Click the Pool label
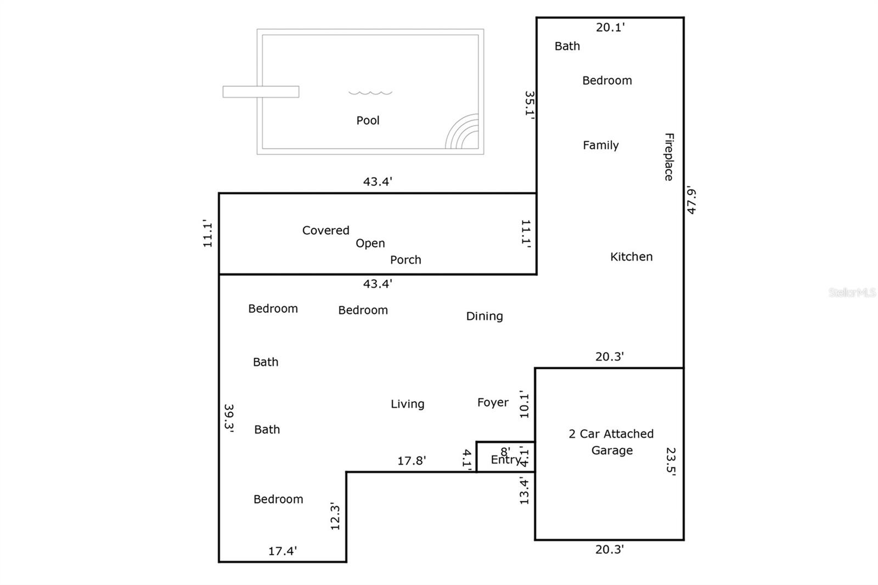coord(368,120)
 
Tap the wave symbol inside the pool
coord(370,93)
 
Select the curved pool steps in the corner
coord(461,131)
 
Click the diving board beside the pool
coord(261,92)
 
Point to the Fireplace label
coord(669,157)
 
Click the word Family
coord(600,145)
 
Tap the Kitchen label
coord(631,257)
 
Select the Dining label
coord(484,316)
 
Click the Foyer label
coord(493,402)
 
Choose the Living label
coord(407,404)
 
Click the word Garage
coord(612,451)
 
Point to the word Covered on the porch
coord(325,230)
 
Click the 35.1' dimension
coord(530,104)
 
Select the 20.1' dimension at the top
coord(610,27)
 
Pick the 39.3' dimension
coord(228,418)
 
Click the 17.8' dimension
coord(412,461)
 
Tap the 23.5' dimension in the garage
coord(671,462)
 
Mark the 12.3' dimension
coord(335,516)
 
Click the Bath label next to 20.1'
coord(567,46)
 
